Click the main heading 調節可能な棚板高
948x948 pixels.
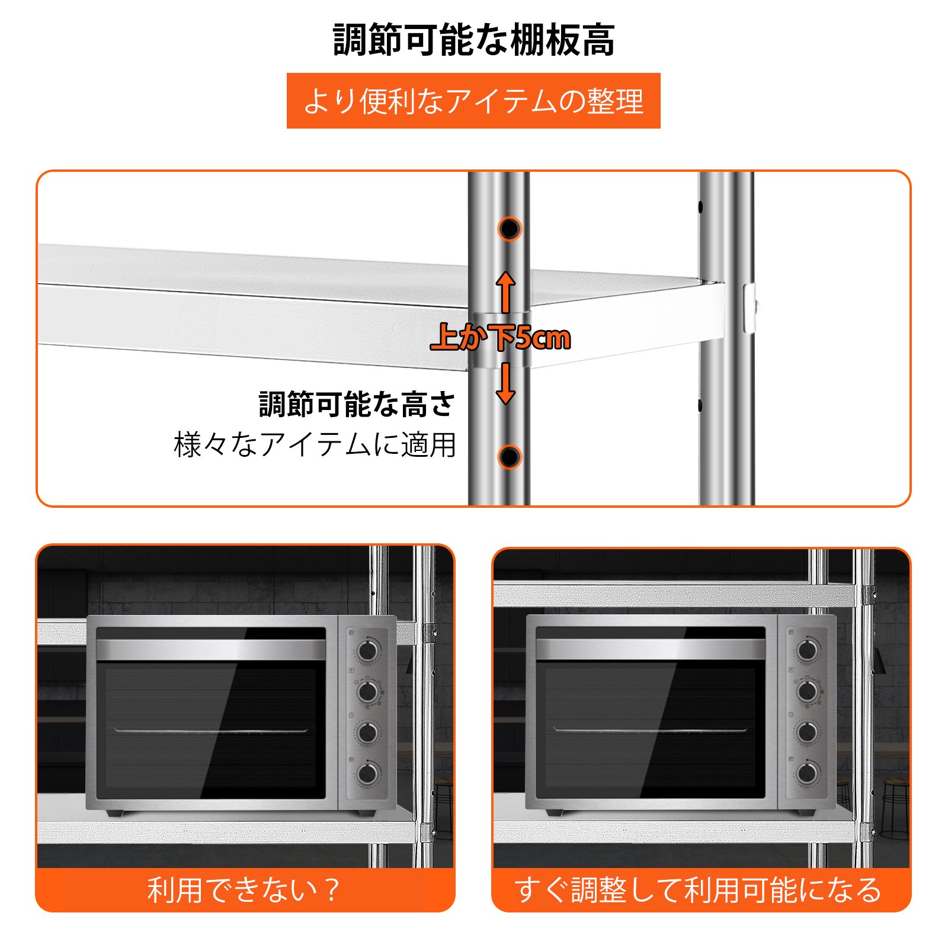474,40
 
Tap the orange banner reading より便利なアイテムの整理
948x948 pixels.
473,101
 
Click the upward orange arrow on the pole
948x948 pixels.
505,293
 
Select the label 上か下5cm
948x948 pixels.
501,338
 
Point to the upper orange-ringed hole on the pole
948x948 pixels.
509,229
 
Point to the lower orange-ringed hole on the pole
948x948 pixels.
509,457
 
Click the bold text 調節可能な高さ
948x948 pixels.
357,404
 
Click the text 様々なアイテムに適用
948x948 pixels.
315,445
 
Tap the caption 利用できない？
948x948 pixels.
244,890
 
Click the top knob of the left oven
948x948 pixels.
368,651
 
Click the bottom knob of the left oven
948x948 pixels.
368,773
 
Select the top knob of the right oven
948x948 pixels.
808,651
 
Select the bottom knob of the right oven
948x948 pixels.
808,773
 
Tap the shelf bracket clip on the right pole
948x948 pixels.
750,308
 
